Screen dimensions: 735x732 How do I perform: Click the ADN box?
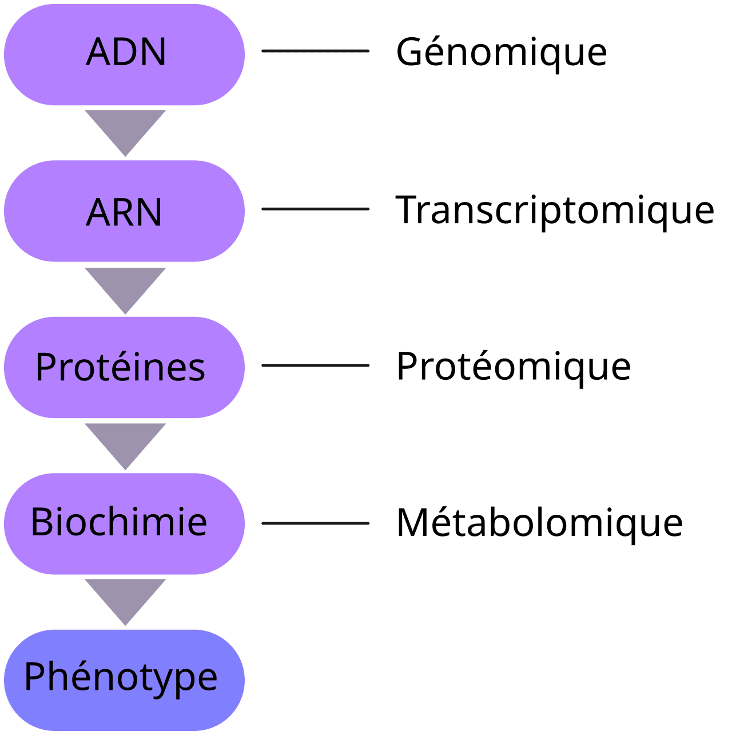124,54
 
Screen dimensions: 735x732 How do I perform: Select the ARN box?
124,211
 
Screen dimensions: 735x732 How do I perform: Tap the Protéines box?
124,367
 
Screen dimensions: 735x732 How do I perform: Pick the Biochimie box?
124,523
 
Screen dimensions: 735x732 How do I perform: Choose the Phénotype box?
124,680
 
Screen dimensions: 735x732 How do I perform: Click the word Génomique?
501,53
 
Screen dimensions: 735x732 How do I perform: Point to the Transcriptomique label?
555,210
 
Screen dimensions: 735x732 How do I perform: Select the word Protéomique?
513,367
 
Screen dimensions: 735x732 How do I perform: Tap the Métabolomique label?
539,523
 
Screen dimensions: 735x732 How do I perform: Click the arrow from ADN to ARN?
125,129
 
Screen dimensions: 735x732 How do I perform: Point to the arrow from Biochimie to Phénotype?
125,598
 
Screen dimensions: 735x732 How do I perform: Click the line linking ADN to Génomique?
315,51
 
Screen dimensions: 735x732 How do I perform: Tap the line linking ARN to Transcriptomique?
315,209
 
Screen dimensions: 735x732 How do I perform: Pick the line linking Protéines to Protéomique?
315,365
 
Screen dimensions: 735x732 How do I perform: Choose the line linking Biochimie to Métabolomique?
315,523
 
